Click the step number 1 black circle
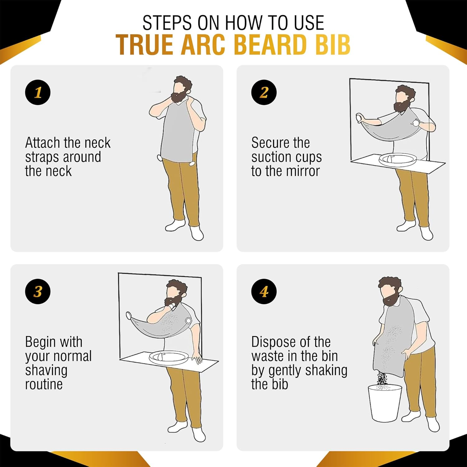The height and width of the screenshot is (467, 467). point(38,92)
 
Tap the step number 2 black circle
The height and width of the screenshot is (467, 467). point(264,92)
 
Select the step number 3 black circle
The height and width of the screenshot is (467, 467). point(38,291)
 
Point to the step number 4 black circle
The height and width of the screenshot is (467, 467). point(264,291)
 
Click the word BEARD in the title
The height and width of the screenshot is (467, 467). point(271,45)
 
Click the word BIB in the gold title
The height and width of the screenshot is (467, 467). point(333,45)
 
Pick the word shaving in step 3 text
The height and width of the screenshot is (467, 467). point(46,370)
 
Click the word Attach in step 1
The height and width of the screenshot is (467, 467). point(42,143)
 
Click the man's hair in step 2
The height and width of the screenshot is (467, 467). point(405,92)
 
